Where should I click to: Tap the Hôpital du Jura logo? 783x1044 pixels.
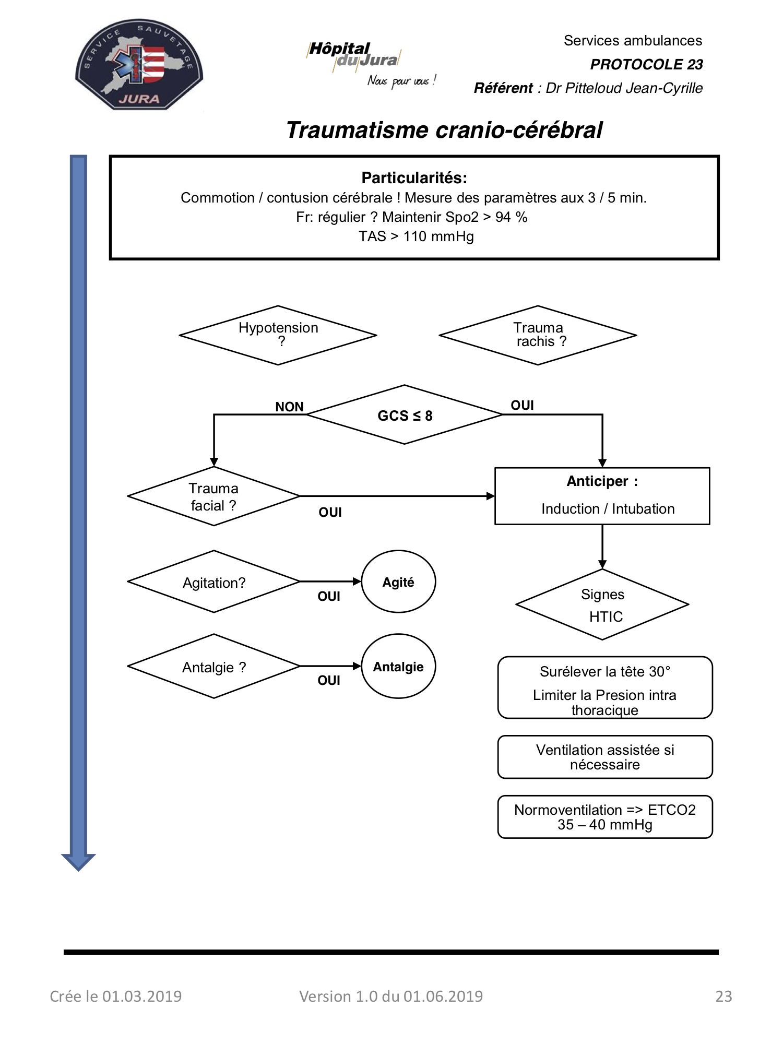371,64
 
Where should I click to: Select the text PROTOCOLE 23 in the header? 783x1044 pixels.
646,64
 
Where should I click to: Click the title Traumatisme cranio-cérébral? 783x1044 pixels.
444,130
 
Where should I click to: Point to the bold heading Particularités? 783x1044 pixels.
414,178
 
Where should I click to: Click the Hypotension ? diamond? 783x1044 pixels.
278,335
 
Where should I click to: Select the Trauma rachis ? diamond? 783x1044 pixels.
538,335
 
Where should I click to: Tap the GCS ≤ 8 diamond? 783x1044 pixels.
405,415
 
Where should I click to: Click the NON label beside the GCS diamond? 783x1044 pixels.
289,407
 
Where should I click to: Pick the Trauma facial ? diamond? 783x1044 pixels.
214,496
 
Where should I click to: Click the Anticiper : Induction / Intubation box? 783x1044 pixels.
602,496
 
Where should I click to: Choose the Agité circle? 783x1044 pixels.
398,582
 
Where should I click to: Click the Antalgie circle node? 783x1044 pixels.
398,666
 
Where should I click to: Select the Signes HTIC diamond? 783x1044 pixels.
602,604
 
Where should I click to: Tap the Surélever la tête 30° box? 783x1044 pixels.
605,687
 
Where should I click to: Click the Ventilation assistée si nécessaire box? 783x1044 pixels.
605,757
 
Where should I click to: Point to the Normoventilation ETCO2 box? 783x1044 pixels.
605,817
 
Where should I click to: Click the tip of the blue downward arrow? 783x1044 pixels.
78,871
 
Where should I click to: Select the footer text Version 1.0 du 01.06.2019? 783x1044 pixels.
391,996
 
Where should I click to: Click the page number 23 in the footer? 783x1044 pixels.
723,996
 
